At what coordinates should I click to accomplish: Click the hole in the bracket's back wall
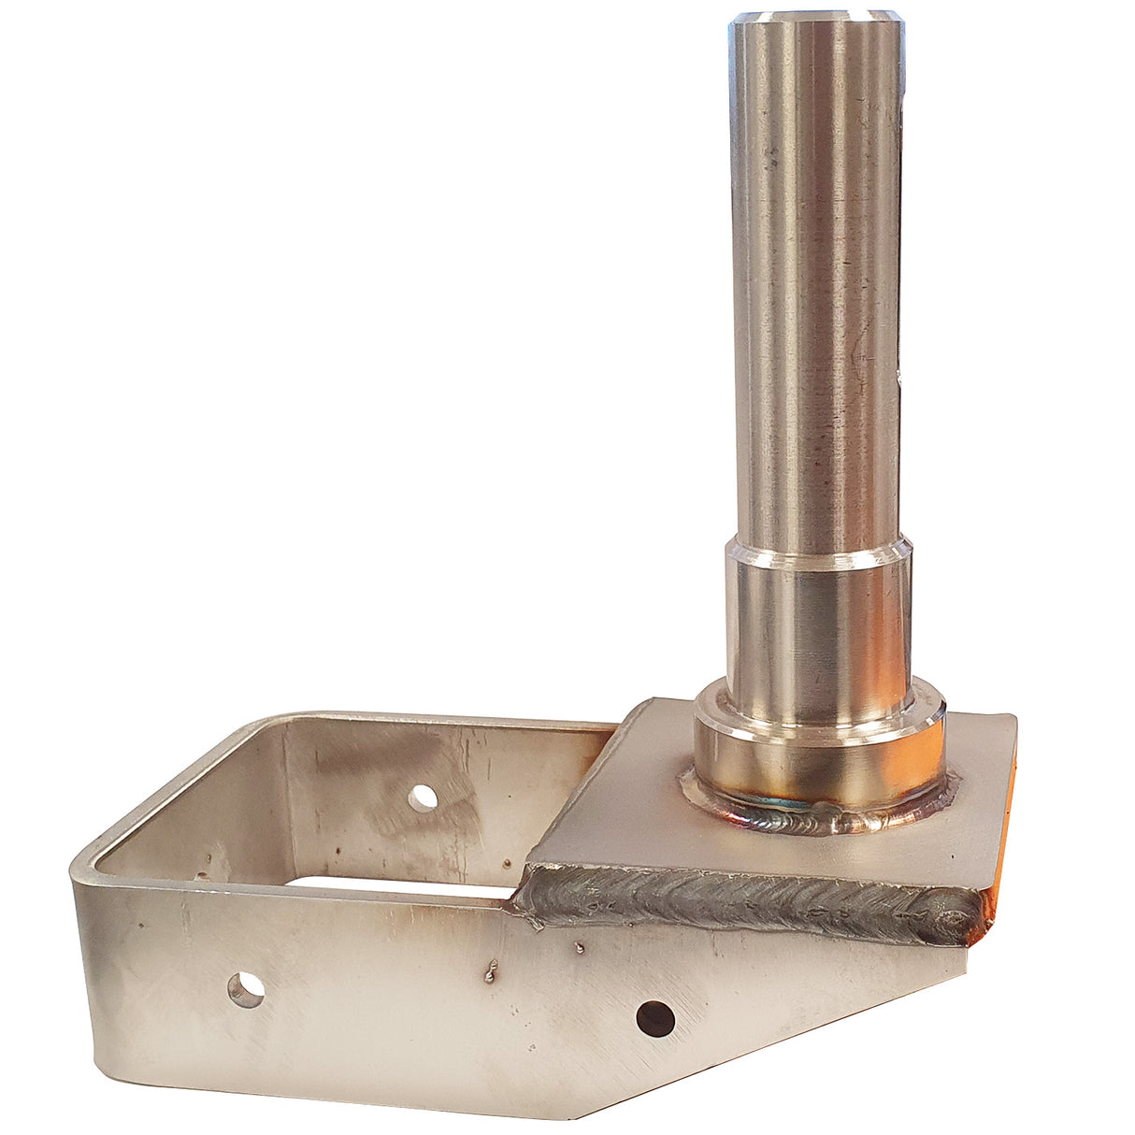(x=424, y=797)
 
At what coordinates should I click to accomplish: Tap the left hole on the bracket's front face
(x=246, y=988)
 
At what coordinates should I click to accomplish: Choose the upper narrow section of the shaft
(x=815, y=280)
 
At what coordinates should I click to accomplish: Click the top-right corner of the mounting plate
(x=1012, y=719)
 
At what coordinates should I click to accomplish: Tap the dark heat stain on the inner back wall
(x=346, y=776)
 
